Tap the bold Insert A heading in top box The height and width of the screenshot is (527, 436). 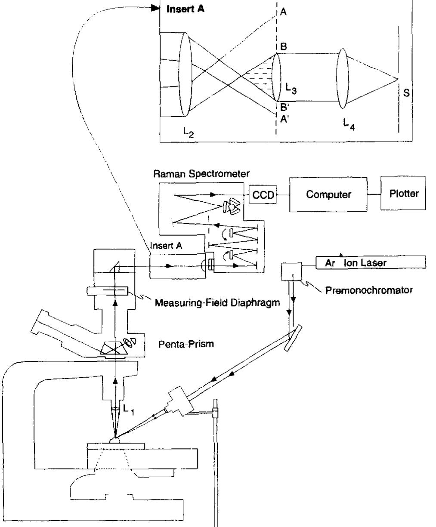186,9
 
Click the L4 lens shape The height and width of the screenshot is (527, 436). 343,77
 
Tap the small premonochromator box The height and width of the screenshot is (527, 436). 290,272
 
